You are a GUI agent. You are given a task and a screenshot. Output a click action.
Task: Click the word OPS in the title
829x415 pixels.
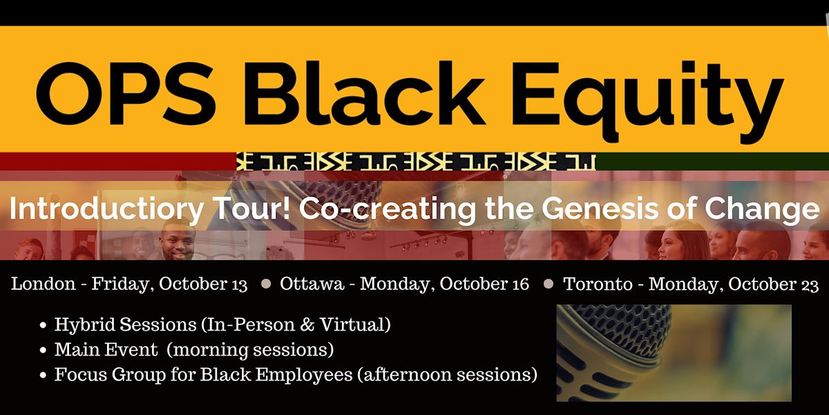pos(126,94)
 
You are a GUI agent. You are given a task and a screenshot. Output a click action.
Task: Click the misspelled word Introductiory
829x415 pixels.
pos(106,210)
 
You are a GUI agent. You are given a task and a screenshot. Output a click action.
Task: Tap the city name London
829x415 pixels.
pos(44,284)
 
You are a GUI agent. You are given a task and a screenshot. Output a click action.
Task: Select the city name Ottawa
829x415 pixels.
pos(312,284)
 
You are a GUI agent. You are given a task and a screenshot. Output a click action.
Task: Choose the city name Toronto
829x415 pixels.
pos(598,284)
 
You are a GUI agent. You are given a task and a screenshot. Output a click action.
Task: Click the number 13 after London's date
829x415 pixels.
pos(240,285)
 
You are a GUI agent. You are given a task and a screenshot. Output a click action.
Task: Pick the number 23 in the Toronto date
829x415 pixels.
pos(810,285)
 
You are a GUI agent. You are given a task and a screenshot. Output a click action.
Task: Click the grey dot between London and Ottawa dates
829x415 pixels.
pos(266,284)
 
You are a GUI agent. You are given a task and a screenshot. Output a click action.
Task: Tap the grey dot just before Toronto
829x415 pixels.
pos(549,284)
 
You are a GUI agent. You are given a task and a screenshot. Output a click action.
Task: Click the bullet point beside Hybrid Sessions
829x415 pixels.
pos(43,326)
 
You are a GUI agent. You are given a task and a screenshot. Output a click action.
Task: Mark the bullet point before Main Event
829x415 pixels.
pos(43,351)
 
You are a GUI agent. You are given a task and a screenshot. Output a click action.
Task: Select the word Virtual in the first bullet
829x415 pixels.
pos(355,324)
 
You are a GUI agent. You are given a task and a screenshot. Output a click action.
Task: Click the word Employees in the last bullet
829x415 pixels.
pos(304,375)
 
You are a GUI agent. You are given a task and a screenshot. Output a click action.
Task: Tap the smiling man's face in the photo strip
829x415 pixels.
pos(178,243)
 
